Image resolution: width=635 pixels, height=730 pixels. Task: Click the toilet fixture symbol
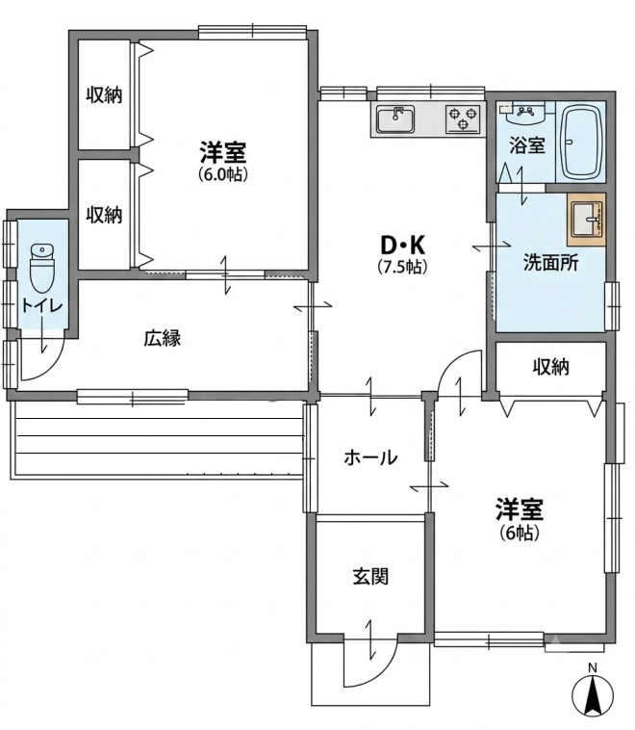tap(42, 267)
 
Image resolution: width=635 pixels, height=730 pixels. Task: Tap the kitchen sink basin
tap(395, 119)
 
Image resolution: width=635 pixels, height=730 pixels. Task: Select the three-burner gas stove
tap(463, 119)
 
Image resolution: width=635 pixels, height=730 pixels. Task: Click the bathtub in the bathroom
tap(581, 143)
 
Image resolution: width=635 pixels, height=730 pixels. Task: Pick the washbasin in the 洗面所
tap(587, 220)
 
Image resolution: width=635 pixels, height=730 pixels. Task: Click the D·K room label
tap(403, 245)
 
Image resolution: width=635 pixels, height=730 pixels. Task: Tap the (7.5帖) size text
tap(402, 267)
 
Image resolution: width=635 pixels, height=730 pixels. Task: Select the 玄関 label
tap(370, 577)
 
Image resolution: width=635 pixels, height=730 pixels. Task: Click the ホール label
tap(370, 458)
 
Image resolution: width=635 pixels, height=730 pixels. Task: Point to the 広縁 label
tap(162, 338)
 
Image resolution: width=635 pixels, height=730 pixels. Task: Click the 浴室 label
tap(526, 145)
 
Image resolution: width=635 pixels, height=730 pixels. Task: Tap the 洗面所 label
tap(550, 263)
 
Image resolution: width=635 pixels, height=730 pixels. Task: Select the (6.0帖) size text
tap(223, 174)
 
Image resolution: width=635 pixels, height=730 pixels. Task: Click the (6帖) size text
tap(520, 533)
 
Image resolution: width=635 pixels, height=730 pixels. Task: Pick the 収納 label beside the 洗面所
tap(550, 367)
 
